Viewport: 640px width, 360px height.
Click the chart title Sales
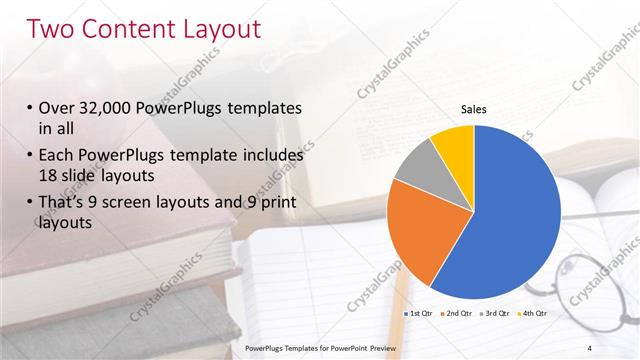click(x=473, y=109)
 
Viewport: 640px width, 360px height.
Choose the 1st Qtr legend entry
click(x=417, y=313)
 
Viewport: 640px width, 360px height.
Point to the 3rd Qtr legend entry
click(x=495, y=313)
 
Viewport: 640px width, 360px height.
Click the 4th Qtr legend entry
click(x=531, y=313)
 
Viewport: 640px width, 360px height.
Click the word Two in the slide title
click(x=52, y=29)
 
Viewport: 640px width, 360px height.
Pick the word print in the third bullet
click(x=276, y=202)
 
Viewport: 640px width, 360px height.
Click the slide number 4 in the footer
click(x=590, y=347)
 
